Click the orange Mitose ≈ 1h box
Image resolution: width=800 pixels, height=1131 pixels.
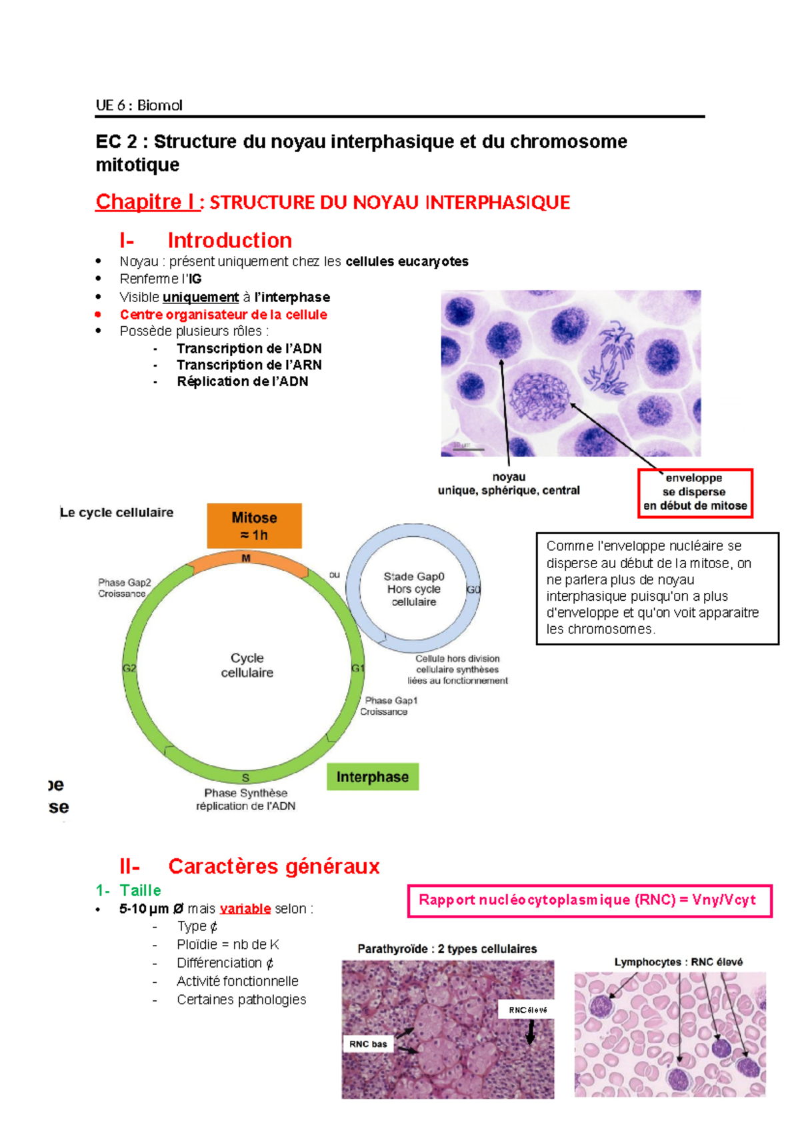pyautogui.click(x=254, y=525)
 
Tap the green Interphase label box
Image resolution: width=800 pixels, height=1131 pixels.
pyautogui.click(x=372, y=777)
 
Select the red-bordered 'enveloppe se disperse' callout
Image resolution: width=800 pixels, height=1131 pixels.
pyautogui.click(x=695, y=492)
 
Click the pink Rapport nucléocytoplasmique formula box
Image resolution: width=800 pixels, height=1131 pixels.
pyautogui.click(x=589, y=900)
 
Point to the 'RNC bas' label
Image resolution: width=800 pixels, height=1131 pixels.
pyautogui.click(x=368, y=1044)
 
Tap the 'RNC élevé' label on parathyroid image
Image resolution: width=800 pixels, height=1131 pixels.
pyautogui.click(x=527, y=1010)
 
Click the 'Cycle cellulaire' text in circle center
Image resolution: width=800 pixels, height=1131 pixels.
pyautogui.click(x=247, y=666)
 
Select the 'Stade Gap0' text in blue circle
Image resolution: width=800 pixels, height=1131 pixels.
pyautogui.click(x=414, y=576)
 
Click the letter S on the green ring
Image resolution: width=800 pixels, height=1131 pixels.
pyautogui.click(x=245, y=778)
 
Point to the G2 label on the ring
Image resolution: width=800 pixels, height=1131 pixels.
pyautogui.click(x=129, y=668)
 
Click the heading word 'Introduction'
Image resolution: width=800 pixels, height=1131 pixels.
pyautogui.click(x=229, y=240)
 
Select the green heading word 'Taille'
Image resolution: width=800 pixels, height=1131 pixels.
pyautogui.click(x=140, y=890)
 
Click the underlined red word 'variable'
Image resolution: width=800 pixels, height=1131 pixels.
pyautogui.click(x=245, y=909)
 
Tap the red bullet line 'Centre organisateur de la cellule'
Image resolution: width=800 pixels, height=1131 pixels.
pyautogui.click(x=223, y=315)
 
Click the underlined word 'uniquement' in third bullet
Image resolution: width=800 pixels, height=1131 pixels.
pyautogui.click(x=201, y=297)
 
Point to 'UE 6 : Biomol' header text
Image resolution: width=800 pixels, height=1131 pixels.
pyautogui.click(x=139, y=105)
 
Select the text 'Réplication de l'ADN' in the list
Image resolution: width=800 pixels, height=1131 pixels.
pyautogui.click(x=242, y=381)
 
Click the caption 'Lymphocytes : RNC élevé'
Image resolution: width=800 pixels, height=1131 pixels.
pyautogui.click(x=678, y=962)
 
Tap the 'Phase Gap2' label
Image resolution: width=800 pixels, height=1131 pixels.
pyautogui.click(x=125, y=582)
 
